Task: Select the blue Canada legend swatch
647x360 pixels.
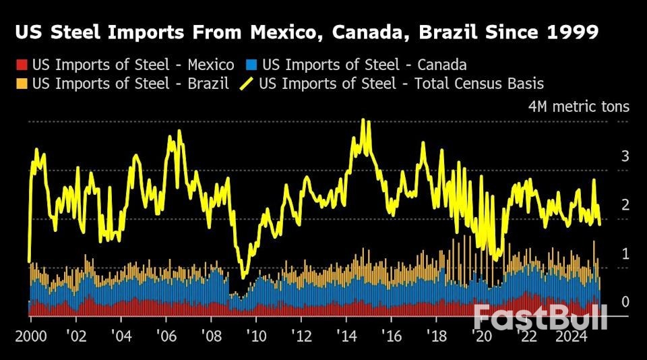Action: pyautogui.click(x=251, y=65)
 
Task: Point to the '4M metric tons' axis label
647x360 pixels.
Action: pyautogui.click(x=579, y=107)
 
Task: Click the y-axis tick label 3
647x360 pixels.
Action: pyautogui.click(x=625, y=156)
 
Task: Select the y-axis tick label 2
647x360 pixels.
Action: pyautogui.click(x=625, y=205)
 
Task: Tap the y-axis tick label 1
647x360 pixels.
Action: pyautogui.click(x=625, y=253)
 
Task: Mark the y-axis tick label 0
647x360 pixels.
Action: pyautogui.click(x=625, y=301)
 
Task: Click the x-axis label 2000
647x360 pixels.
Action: pyautogui.click(x=30, y=336)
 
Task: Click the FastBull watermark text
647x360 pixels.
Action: pyautogui.click(x=541, y=317)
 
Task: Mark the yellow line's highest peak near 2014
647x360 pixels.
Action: pyautogui.click(x=363, y=120)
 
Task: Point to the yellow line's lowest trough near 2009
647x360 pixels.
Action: pyautogui.click(x=244, y=276)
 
